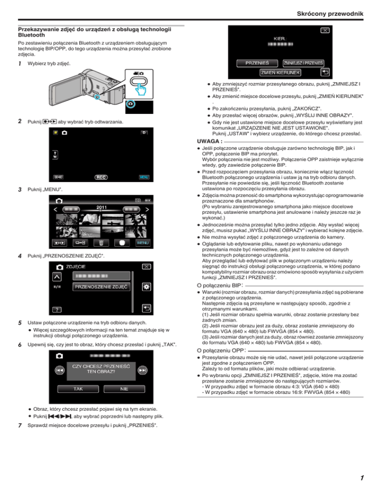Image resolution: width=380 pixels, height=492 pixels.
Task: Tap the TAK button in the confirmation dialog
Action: [x=78, y=389]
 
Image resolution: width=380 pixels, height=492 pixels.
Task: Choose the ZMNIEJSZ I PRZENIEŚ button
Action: [x=303, y=63]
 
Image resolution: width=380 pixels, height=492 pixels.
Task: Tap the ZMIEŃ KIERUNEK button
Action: [x=280, y=73]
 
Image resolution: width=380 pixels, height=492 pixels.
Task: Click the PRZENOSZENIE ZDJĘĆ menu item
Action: [x=101, y=287]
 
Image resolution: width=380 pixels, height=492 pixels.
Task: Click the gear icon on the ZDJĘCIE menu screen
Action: [x=146, y=287]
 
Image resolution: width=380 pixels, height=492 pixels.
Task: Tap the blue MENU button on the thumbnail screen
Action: [x=142, y=243]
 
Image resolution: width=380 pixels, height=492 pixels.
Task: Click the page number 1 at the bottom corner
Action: [x=362, y=478]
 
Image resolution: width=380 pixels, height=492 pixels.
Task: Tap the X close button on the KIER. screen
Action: [x=325, y=30]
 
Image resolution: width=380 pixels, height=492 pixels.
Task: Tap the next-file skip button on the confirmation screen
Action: [x=143, y=369]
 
